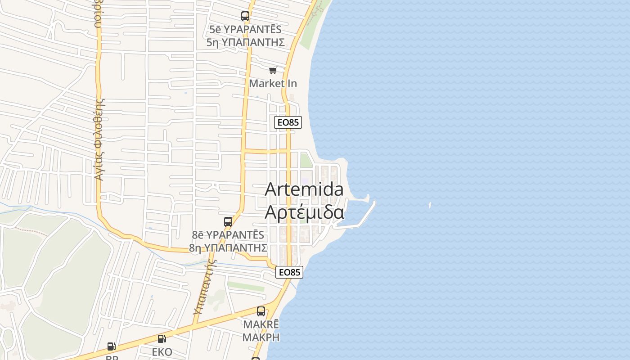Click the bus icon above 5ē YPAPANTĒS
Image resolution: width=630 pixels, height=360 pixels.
(x=245, y=17)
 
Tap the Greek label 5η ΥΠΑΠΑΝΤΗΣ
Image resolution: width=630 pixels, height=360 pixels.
(x=246, y=42)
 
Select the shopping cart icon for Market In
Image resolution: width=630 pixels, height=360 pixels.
(x=273, y=70)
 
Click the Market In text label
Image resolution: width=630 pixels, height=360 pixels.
(x=273, y=83)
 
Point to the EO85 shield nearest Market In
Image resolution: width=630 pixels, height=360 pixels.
(x=288, y=122)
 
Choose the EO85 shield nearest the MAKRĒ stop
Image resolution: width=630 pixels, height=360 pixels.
(x=289, y=272)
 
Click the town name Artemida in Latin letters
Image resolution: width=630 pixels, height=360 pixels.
(x=304, y=189)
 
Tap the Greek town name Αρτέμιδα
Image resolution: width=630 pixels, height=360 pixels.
(x=304, y=211)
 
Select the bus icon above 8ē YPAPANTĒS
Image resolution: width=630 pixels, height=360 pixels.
(x=228, y=222)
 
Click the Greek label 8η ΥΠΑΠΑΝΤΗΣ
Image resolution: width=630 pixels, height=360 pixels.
(x=228, y=248)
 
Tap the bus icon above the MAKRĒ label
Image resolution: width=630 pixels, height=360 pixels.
(x=261, y=311)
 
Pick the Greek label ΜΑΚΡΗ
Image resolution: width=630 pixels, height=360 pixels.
(x=261, y=337)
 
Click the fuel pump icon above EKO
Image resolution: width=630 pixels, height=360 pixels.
(x=162, y=339)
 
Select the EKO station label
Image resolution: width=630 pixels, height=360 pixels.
(x=162, y=352)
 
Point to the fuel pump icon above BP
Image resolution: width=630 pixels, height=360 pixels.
(x=112, y=346)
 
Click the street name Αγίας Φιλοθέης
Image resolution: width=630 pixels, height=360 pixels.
(x=99, y=139)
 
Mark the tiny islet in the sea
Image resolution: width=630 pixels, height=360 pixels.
(x=430, y=205)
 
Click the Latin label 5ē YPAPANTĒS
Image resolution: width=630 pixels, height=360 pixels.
(x=245, y=30)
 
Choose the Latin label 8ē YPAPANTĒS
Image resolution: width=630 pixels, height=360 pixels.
(x=228, y=235)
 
